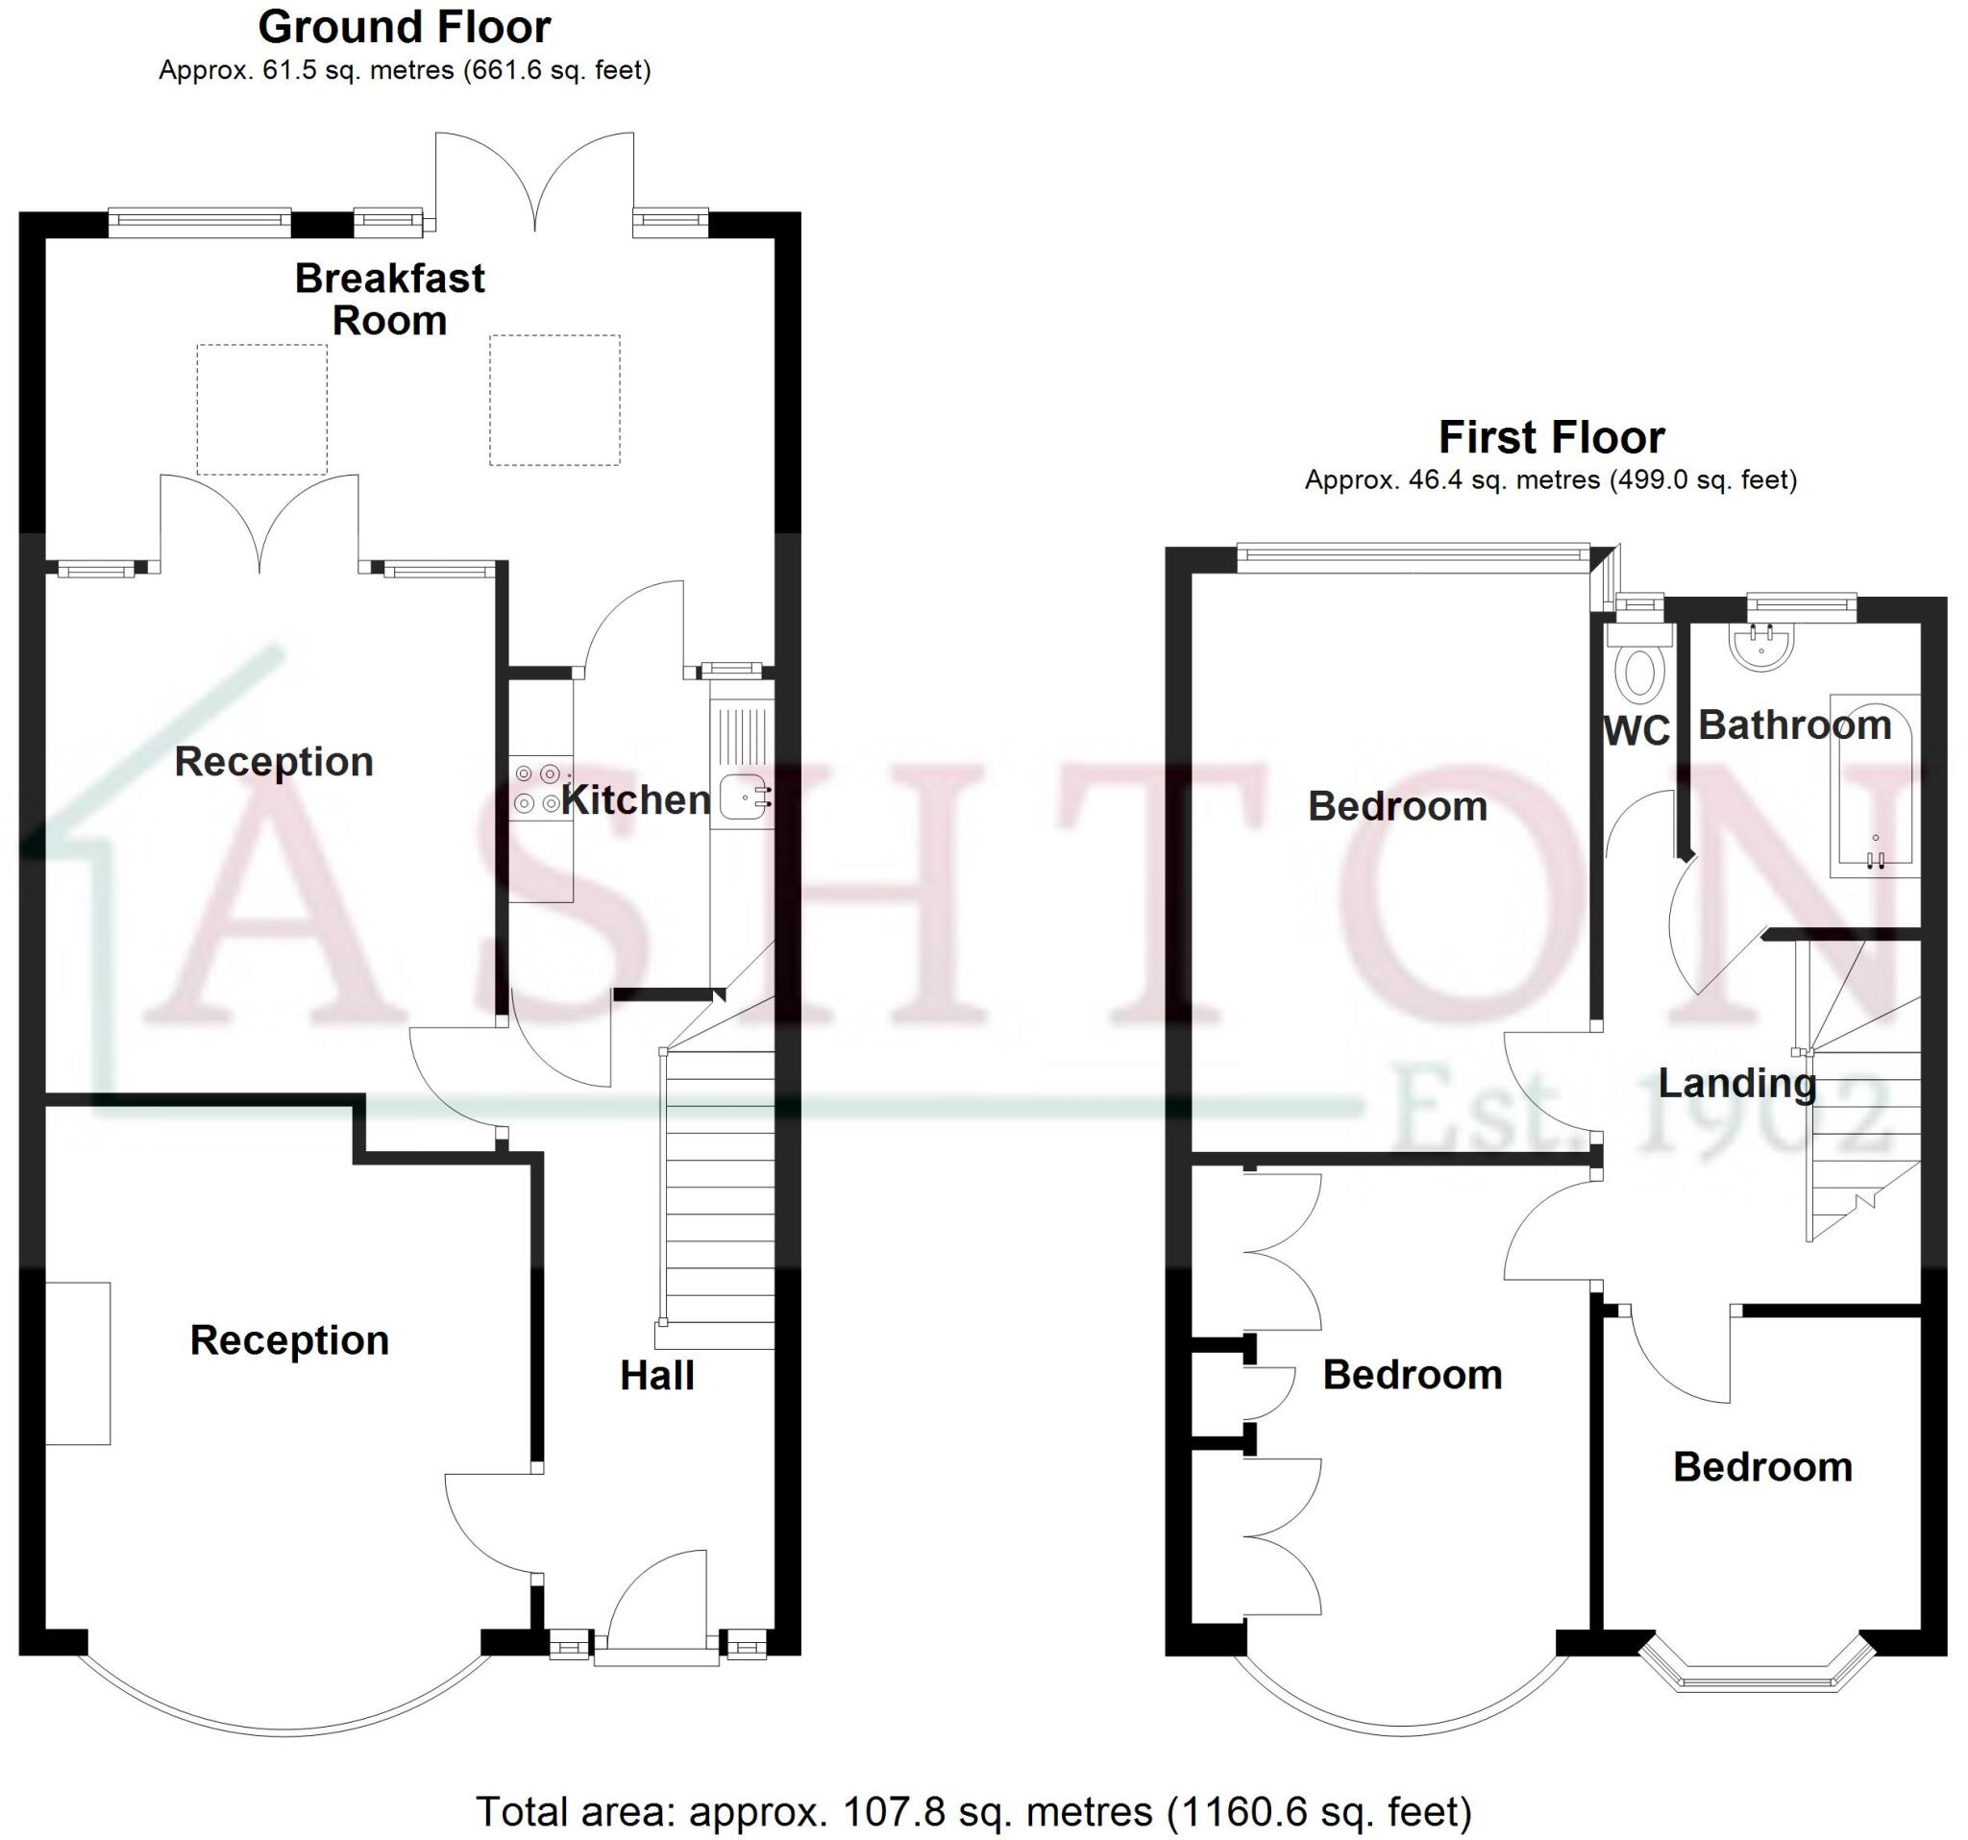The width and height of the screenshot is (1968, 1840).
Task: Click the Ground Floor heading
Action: [x=404, y=28]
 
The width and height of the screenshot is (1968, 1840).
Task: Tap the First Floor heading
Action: [x=1551, y=437]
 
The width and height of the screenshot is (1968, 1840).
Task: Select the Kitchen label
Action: [x=635, y=799]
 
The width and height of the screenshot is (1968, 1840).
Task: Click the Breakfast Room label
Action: [x=390, y=299]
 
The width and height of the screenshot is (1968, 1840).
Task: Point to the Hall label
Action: [x=657, y=1375]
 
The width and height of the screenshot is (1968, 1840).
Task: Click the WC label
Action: [x=1636, y=731]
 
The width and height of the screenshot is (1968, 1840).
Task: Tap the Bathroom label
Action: [x=1795, y=725]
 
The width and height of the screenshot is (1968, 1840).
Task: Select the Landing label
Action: [x=1737, y=1083]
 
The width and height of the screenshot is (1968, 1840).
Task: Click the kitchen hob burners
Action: [x=537, y=788]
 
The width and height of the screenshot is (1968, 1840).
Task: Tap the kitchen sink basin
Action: [x=743, y=797]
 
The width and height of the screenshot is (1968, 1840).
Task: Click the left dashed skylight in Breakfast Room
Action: [x=261, y=408]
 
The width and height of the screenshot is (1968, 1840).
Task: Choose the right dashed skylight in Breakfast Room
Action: [x=554, y=400]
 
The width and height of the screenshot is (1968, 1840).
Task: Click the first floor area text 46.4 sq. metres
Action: [x=1550, y=480]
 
